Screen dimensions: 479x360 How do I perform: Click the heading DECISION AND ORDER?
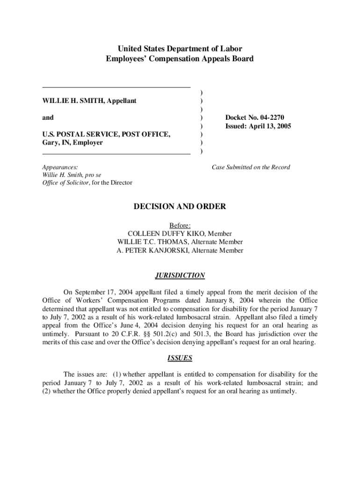click(180, 206)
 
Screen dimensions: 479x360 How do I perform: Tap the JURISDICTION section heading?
click(180, 276)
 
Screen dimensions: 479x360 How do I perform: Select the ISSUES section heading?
click(180, 358)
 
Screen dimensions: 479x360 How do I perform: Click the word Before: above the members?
click(180, 225)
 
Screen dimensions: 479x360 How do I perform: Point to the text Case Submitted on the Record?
click(251, 167)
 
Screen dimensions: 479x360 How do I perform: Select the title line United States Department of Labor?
click(180, 49)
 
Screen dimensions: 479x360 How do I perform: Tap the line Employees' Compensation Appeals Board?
click(180, 59)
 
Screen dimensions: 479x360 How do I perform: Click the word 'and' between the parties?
click(48, 117)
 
